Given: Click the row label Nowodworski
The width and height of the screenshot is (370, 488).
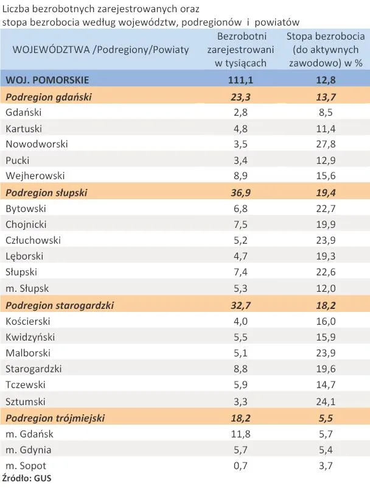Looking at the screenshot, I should pyautogui.click(x=37, y=144).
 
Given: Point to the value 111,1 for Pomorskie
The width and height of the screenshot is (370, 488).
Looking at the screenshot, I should pyautogui.click(x=240, y=80).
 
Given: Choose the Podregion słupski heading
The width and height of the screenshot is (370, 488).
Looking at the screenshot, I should pyautogui.click(x=46, y=192).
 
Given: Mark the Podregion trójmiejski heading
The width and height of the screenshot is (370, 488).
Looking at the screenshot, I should pyautogui.click(x=55, y=418).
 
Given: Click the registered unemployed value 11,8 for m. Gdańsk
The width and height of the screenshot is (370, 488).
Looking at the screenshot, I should pyautogui.click(x=240, y=434).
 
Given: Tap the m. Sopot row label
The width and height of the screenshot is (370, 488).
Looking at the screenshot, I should pyautogui.click(x=27, y=465).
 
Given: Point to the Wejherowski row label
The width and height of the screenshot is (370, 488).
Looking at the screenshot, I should pyautogui.click(x=35, y=176).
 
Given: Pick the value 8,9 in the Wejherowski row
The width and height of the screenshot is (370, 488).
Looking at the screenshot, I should pyautogui.click(x=240, y=176).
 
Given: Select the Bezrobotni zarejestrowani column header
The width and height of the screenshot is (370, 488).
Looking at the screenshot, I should pyautogui.click(x=240, y=49).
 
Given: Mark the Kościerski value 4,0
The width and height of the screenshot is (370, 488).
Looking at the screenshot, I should pyautogui.click(x=240, y=321).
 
